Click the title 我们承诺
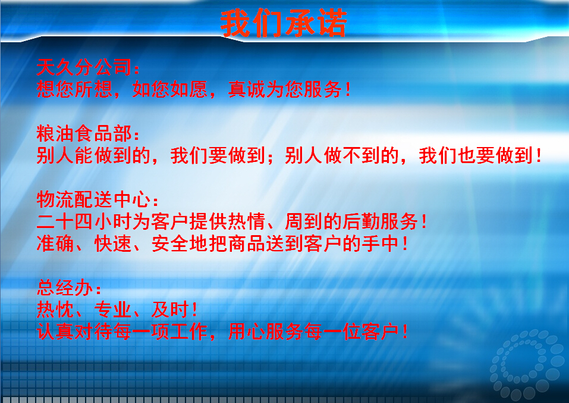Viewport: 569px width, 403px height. (x=284, y=23)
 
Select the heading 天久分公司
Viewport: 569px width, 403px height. (x=84, y=68)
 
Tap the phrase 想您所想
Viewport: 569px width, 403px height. (x=74, y=89)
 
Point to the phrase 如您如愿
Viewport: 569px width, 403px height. (x=170, y=89)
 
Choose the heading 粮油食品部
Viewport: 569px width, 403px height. (x=84, y=133)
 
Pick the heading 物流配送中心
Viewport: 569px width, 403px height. (x=93, y=199)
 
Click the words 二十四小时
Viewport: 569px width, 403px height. (x=84, y=221)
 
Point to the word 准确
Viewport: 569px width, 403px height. (x=55, y=243)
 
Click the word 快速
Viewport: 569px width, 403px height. (x=113, y=243)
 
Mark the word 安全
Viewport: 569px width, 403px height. (x=170, y=243)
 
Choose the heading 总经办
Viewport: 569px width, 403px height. (x=65, y=288)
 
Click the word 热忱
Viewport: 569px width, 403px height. (x=55, y=310)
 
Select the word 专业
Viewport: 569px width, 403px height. (x=113, y=310)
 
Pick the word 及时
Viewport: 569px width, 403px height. (x=170, y=310)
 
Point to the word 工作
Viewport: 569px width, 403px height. (x=189, y=332)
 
